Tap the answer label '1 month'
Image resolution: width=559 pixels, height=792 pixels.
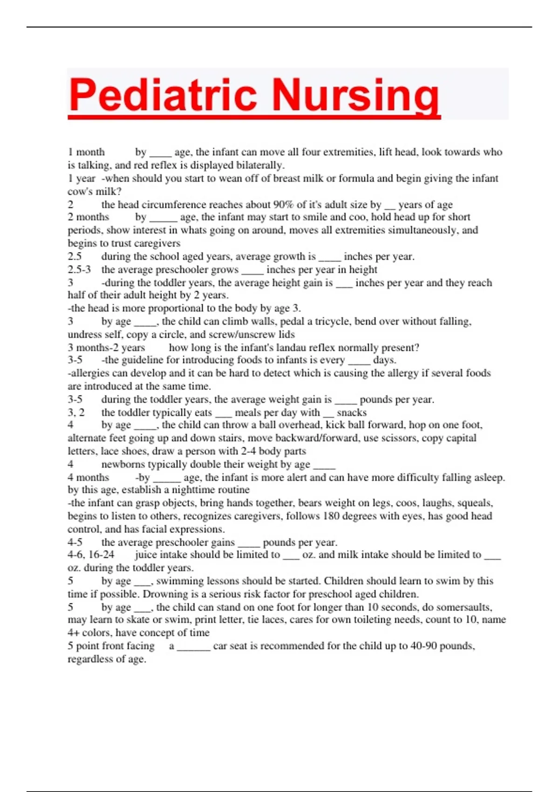[x=86, y=152]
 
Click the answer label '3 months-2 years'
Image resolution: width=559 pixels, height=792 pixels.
[x=106, y=348]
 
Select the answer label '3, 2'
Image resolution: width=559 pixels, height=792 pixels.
[x=76, y=412]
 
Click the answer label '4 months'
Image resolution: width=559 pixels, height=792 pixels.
[x=88, y=477]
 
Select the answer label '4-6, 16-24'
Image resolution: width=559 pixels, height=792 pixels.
[x=91, y=554]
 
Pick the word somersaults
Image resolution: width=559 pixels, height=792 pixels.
[x=462, y=607]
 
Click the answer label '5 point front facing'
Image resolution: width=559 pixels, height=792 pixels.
[x=111, y=646]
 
